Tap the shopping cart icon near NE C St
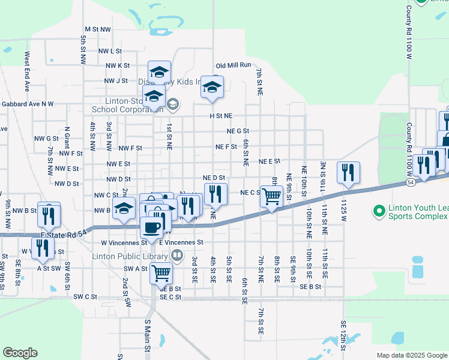tap(272, 195)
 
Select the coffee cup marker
tap(151, 227)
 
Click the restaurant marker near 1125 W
tap(348, 172)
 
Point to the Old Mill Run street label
tap(234, 65)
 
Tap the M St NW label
tap(98, 29)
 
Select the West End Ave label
tap(27, 71)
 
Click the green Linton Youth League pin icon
tap(379, 211)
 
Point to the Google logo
tap(20, 353)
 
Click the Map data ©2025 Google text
tap(411, 355)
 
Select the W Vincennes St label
tap(124, 243)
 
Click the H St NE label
tap(220, 116)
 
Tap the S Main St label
tap(146, 335)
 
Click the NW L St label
tap(110, 52)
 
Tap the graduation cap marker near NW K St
tap(159, 71)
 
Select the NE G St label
tap(238, 131)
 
